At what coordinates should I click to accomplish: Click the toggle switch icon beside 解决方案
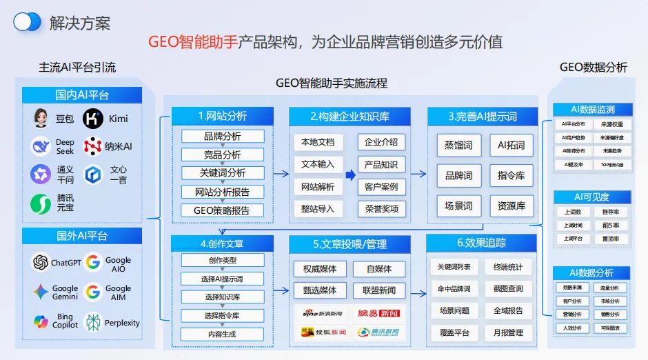[28, 22]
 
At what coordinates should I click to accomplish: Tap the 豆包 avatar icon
[41, 119]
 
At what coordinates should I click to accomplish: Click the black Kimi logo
[93, 119]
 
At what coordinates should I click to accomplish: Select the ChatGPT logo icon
[41, 263]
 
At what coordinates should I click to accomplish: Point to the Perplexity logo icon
[93, 322]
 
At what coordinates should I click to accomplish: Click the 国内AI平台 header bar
[82, 95]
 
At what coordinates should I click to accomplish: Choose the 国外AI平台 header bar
[82, 236]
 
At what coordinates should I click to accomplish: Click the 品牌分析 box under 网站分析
[222, 136]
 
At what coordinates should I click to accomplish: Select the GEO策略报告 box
[222, 210]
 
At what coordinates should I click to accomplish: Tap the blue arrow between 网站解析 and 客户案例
[350, 175]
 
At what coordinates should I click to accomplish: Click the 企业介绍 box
[381, 142]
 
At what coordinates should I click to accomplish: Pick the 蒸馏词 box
[458, 146]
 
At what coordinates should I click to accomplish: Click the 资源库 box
[512, 206]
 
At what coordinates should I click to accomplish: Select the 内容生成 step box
[222, 334]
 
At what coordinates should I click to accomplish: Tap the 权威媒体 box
[319, 269]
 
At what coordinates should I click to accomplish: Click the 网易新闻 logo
[378, 313]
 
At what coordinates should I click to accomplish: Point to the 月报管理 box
[508, 332]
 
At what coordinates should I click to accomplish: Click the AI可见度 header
[592, 197]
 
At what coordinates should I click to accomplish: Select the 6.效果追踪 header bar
[481, 243]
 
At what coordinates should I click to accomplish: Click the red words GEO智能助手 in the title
[192, 41]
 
